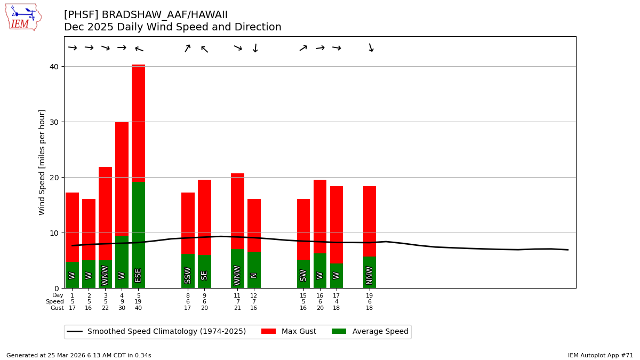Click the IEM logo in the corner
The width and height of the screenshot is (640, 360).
23,17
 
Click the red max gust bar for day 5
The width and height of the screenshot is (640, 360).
138,123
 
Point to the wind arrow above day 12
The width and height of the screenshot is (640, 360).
254,48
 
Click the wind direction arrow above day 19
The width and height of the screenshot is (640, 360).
370,48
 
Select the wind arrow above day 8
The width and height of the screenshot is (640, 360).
188,48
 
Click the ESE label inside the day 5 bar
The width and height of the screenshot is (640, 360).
138,275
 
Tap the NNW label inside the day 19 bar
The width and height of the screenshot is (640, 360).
370,275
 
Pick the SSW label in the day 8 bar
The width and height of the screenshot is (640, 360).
188,275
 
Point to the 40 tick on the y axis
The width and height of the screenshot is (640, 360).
55,67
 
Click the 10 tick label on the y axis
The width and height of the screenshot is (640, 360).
55,233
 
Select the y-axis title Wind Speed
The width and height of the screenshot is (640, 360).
42,162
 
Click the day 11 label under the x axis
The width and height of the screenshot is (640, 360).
237,295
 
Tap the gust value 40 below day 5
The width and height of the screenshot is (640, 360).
138,308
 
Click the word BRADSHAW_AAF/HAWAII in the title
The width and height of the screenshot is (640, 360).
164,15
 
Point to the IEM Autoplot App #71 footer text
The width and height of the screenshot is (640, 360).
601,355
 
